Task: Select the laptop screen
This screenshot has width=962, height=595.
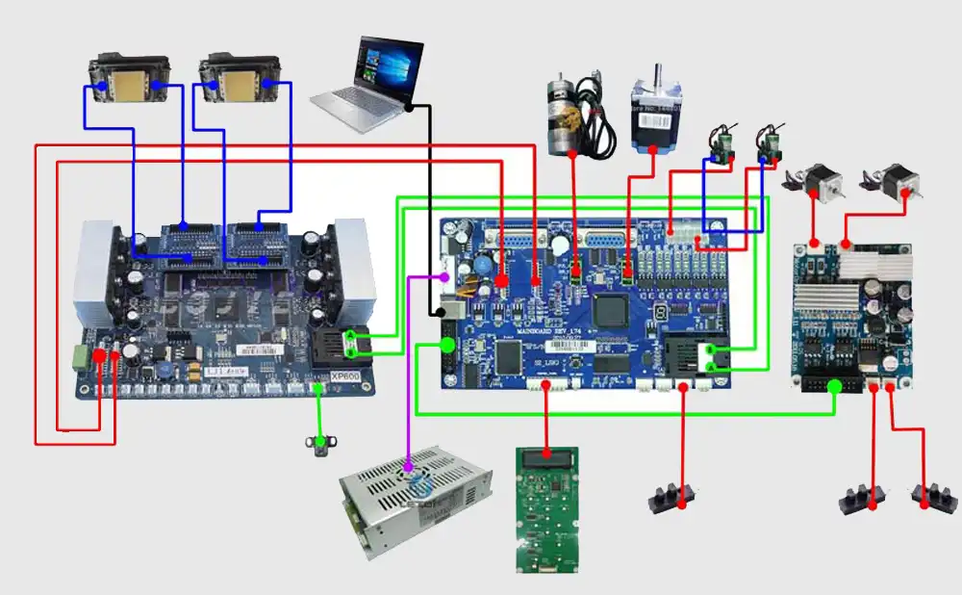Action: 391,68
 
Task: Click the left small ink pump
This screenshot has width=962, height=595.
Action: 722,144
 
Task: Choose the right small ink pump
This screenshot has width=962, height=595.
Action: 771,144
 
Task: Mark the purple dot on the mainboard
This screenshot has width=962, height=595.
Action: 444,276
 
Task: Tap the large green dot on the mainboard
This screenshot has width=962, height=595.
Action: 448,344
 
